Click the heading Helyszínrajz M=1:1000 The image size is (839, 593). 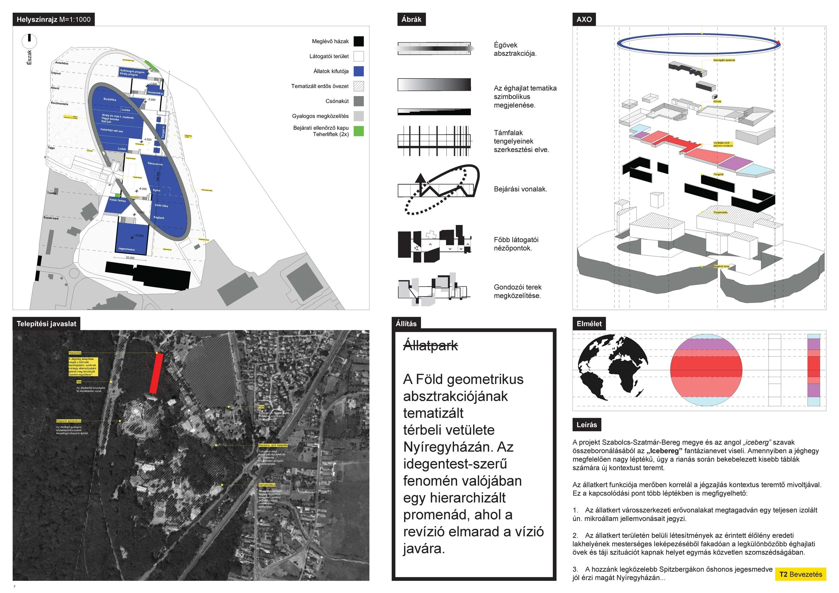coord(53,19)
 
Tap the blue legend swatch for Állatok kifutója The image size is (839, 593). coord(358,71)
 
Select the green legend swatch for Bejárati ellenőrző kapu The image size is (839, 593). coord(358,131)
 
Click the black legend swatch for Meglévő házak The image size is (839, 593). coord(358,41)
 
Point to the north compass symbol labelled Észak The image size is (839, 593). coord(29,41)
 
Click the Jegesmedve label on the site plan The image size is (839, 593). coord(127,249)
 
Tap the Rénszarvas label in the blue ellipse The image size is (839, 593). coord(155,164)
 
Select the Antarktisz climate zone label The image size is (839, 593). coord(62,63)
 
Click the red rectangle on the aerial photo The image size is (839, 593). coord(156,373)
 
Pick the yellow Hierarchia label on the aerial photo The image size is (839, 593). coord(75,353)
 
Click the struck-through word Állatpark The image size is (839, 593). coord(430,346)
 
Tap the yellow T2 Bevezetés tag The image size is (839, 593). coord(800,574)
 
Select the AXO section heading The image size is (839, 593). coord(584,19)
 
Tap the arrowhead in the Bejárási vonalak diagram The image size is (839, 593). coord(421,178)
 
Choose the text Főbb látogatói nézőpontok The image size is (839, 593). coord(515,244)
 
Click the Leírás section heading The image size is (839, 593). coord(587,425)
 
